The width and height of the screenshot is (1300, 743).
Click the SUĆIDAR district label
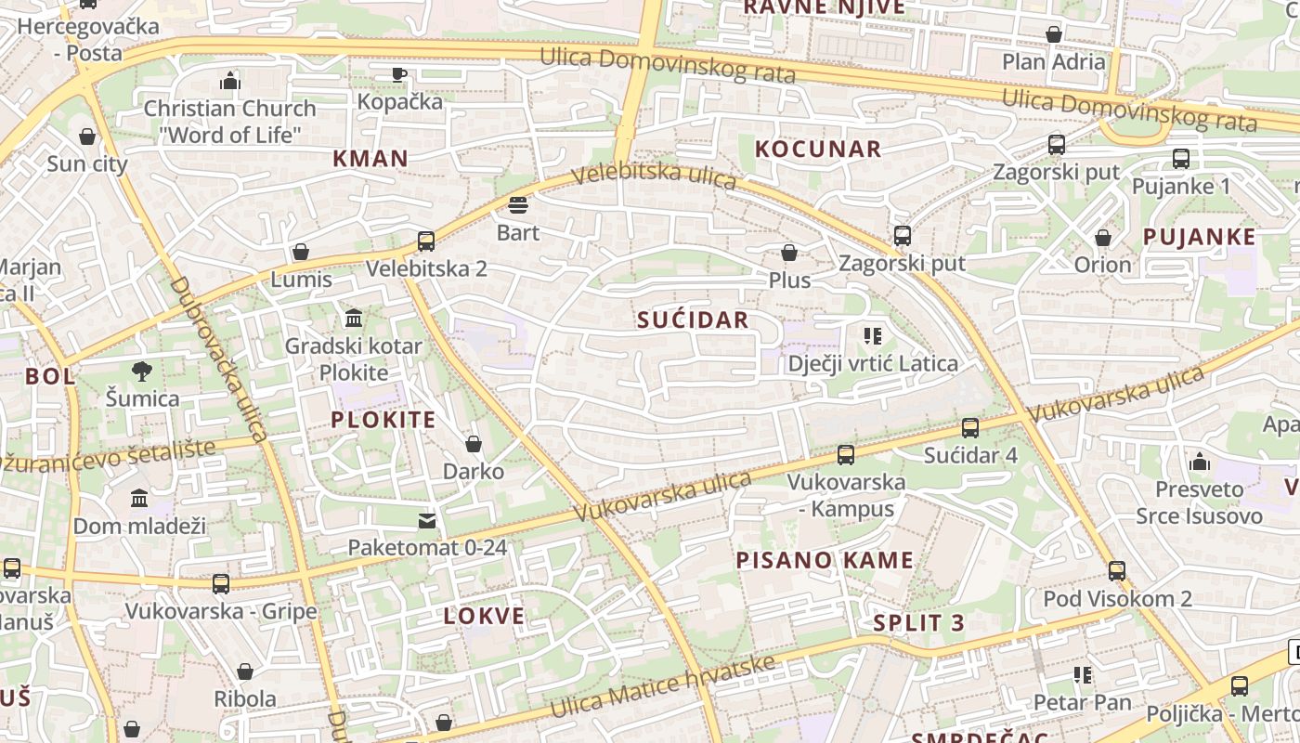pyautogui.click(x=693, y=320)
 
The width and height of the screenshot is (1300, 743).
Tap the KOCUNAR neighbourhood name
pyautogui.click(x=817, y=149)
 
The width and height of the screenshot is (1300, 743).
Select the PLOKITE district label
pyautogui.click(x=383, y=420)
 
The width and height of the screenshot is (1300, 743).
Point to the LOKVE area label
pyautogui.click(x=484, y=616)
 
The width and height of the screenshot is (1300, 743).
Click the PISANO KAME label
pyautogui.click(x=825, y=560)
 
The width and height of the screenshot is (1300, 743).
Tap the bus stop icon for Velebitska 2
pyautogui.click(x=426, y=241)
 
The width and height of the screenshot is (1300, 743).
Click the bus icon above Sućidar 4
pyautogui.click(x=970, y=428)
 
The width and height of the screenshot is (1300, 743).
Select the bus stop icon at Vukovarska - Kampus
pyautogui.click(x=846, y=455)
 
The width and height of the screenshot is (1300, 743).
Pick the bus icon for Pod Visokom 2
pyautogui.click(x=1117, y=571)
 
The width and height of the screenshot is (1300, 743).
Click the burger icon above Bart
pyautogui.click(x=518, y=204)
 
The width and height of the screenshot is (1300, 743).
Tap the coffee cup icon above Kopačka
pyautogui.click(x=399, y=74)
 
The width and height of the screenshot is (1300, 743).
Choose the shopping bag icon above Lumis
pyautogui.click(x=301, y=252)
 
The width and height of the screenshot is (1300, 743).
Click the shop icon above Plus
pyautogui.click(x=789, y=253)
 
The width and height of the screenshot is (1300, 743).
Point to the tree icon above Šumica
pyautogui.click(x=142, y=371)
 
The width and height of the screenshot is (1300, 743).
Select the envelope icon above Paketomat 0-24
pyautogui.click(x=427, y=520)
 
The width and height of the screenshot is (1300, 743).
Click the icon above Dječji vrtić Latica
pyautogui.click(x=872, y=336)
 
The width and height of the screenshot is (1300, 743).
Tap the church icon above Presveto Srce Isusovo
pyautogui.click(x=1200, y=462)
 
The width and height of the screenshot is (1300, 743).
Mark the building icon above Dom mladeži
pyautogui.click(x=139, y=499)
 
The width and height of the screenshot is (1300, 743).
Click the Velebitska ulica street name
pyautogui.click(x=654, y=176)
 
